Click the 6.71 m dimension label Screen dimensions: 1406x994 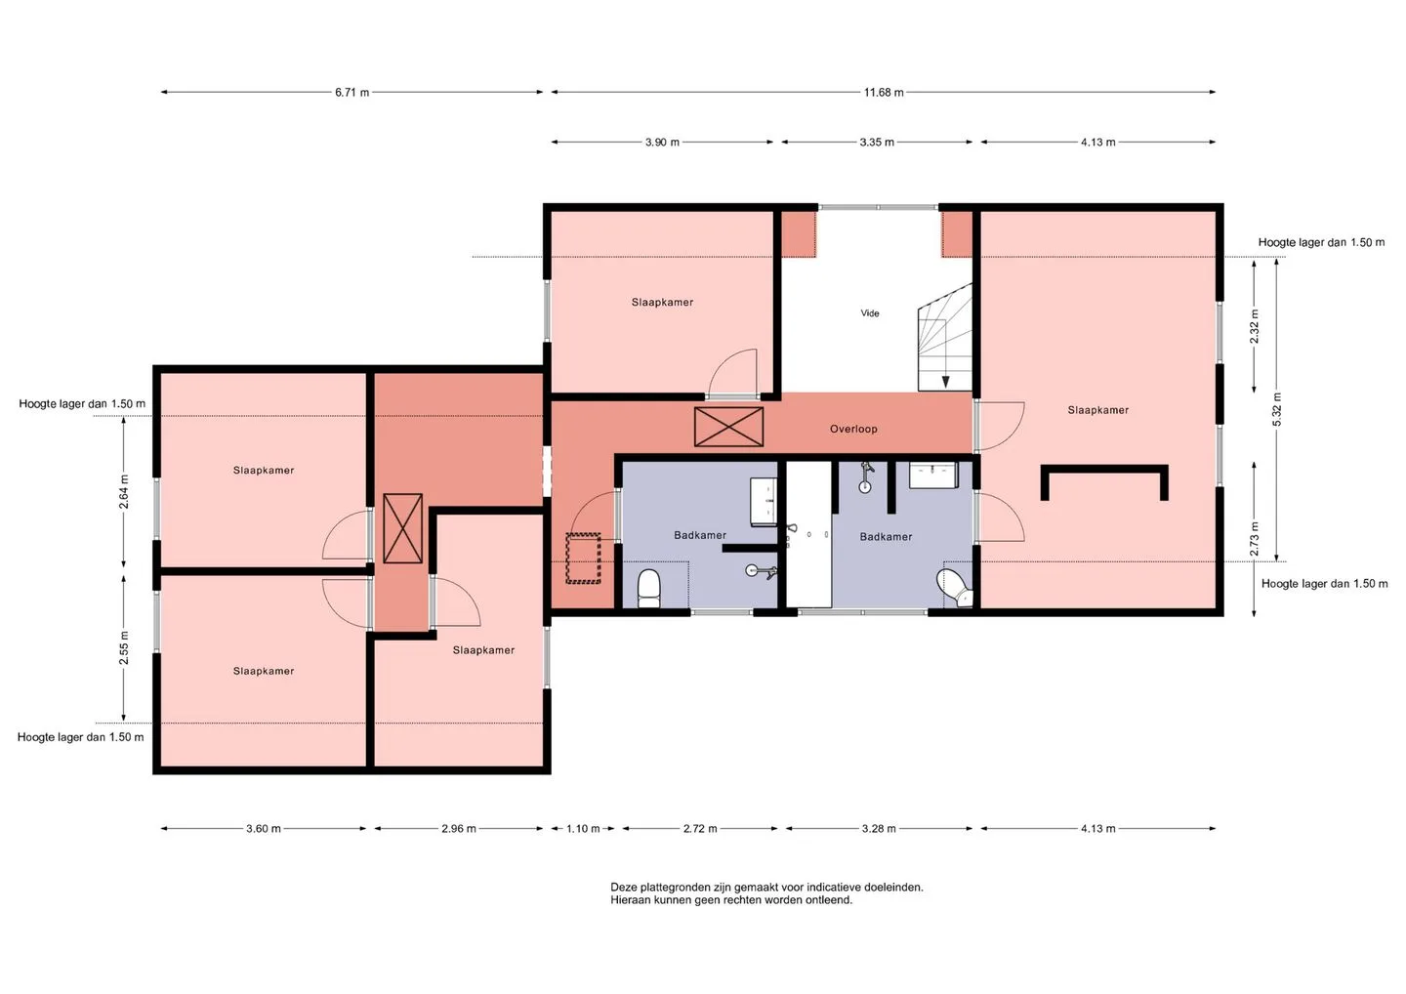click(x=351, y=92)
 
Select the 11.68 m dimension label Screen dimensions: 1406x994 click(x=884, y=92)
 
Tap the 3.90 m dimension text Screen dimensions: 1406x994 click(x=662, y=143)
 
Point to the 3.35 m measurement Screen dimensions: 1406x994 click(x=877, y=143)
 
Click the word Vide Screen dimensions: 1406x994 click(x=870, y=313)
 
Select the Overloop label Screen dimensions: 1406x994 click(x=853, y=430)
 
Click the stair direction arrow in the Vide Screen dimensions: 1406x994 click(x=946, y=382)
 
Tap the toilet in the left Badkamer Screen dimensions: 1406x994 click(x=649, y=589)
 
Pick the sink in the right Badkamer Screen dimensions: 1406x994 click(x=933, y=476)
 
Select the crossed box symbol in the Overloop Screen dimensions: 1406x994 click(x=728, y=427)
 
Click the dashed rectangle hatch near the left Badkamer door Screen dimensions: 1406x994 click(x=583, y=558)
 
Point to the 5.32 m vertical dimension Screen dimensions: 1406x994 click(x=1277, y=409)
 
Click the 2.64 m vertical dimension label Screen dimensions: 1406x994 click(x=124, y=492)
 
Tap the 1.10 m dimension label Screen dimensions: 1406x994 click(x=583, y=829)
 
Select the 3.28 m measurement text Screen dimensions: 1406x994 click(x=879, y=829)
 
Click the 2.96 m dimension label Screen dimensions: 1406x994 click(x=459, y=829)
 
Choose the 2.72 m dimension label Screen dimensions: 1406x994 click(x=700, y=829)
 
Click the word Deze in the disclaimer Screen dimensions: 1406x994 click(x=623, y=888)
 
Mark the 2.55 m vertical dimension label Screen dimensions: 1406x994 click(x=124, y=647)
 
